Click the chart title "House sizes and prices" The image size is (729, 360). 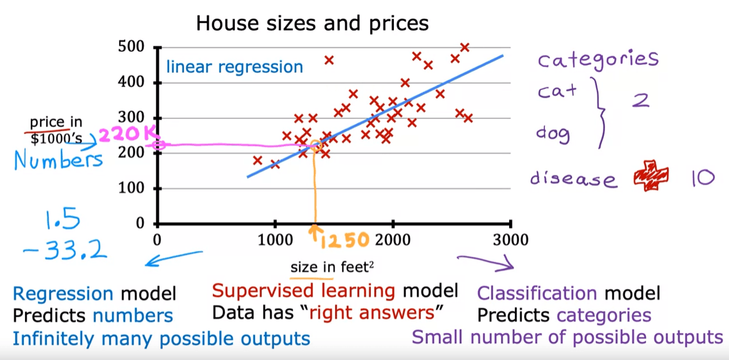312,24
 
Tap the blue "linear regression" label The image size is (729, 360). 234,67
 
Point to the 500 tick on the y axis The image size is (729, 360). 132,48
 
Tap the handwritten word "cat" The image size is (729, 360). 557,91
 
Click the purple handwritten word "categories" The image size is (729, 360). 598,60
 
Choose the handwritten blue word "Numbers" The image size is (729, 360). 58,161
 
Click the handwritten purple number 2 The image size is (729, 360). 639,100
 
